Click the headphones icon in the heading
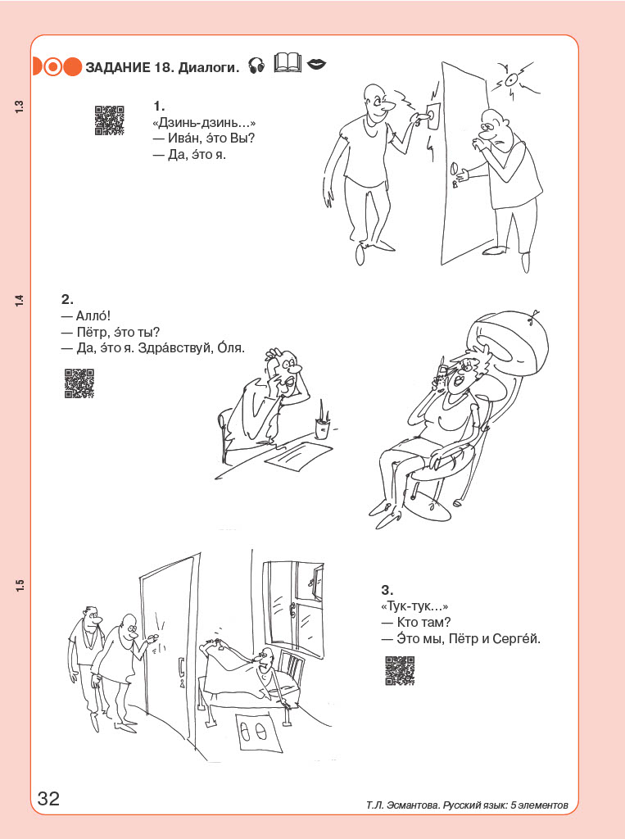257,66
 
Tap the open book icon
288,63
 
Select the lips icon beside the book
317,65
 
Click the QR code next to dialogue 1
110,120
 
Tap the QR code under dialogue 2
79,383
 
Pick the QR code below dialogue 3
400,670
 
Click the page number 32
48,798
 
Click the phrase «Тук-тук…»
414,606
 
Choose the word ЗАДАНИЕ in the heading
118,67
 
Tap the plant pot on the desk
322,429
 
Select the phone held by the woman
441,375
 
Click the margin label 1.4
20,301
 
